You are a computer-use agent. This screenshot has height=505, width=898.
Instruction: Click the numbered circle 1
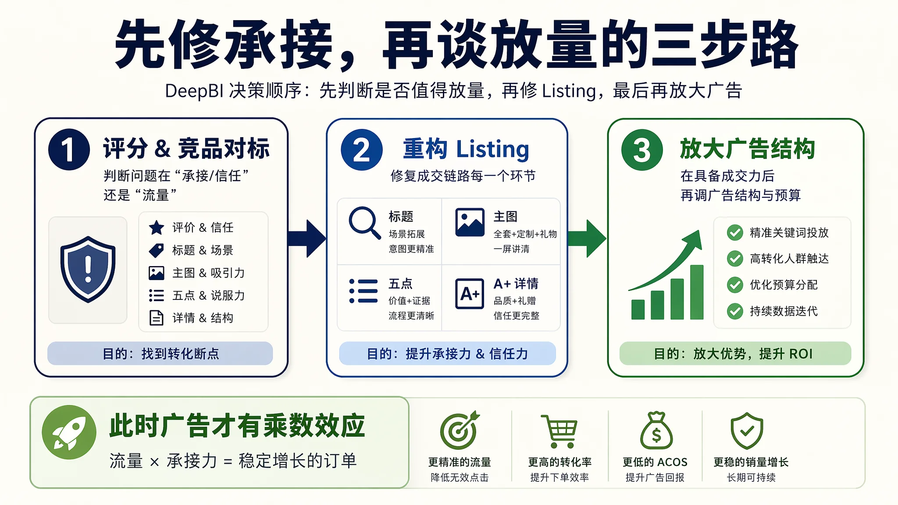(x=69, y=149)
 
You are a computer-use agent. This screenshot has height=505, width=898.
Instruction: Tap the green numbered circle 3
(x=642, y=149)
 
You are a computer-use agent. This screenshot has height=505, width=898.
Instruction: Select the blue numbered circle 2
(x=362, y=149)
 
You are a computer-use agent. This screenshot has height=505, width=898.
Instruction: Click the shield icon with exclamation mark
(x=88, y=269)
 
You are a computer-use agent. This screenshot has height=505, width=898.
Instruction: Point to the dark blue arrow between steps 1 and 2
(x=307, y=238)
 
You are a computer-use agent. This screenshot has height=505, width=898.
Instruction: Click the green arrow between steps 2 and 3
(x=587, y=238)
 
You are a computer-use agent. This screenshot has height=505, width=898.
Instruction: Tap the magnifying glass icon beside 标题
(x=364, y=223)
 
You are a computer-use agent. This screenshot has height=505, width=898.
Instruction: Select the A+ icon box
(x=470, y=294)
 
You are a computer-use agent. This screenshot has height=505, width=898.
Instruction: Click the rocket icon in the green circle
(x=69, y=432)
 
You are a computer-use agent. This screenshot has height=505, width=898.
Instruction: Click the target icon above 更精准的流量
(x=459, y=430)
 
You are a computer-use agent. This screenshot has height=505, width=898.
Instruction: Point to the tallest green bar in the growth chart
(x=697, y=292)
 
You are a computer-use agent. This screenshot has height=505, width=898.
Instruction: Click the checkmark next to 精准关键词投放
(x=735, y=233)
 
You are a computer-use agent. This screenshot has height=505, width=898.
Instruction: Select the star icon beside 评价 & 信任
(x=157, y=228)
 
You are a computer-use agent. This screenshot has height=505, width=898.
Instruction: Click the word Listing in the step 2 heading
(x=493, y=149)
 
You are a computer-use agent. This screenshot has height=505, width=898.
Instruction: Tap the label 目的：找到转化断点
(x=160, y=354)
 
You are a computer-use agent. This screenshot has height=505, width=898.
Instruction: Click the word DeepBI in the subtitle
(x=194, y=91)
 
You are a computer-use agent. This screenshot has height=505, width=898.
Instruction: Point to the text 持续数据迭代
(x=784, y=311)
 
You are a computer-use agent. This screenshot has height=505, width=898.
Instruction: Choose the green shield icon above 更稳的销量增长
(x=747, y=430)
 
